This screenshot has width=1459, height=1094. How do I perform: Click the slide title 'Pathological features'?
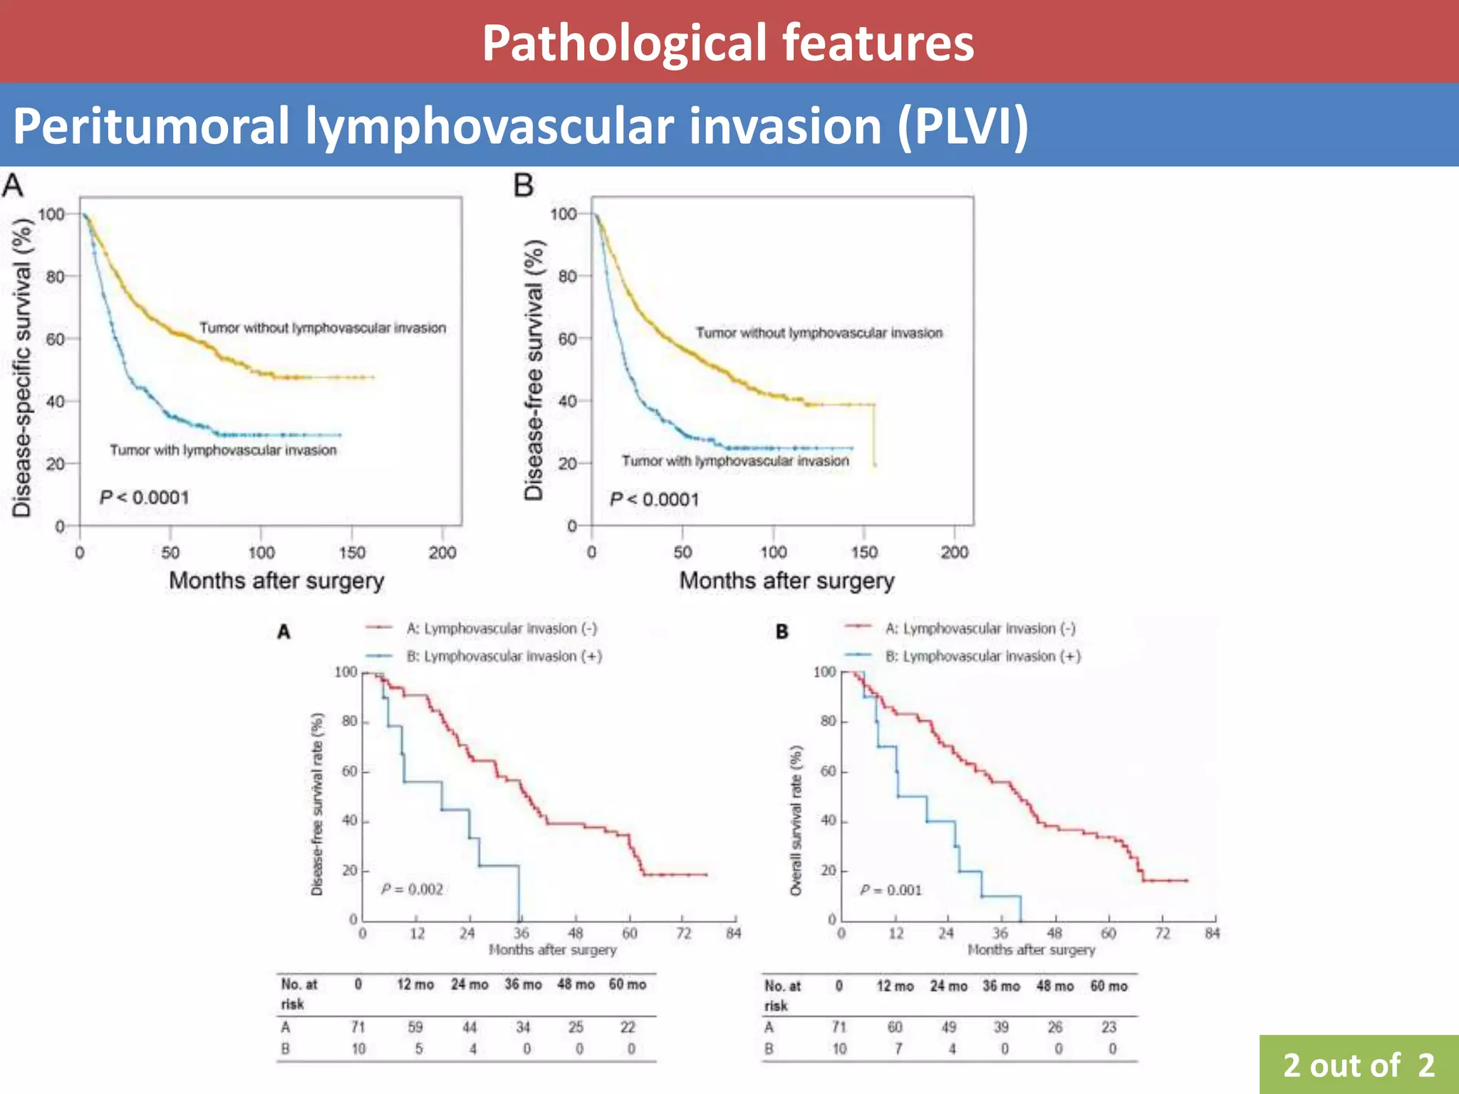tap(728, 43)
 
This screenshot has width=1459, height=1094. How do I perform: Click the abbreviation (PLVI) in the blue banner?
tap(962, 126)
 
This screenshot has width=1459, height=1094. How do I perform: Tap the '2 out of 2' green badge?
tap(1359, 1066)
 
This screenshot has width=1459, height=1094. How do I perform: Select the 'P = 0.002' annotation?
tap(412, 889)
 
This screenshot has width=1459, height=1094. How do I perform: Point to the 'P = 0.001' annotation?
tap(891, 890)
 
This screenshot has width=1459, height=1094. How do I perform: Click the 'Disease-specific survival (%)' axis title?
tap(22, 368)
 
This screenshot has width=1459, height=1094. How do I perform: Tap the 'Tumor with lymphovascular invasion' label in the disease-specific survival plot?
tap(223, 450)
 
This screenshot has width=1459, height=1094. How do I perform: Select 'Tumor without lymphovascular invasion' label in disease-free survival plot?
tap(819, 333)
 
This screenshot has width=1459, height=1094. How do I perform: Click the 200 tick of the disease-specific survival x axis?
tap(442, 552)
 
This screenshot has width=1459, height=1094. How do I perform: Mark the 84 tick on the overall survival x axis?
tap(1213, 933)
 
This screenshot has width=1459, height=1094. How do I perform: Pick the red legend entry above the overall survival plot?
tap(980, 628)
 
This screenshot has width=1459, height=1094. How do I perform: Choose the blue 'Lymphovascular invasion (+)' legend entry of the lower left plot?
tap(504, 656)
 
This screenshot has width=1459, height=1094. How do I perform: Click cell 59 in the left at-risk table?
tap(415, 1027)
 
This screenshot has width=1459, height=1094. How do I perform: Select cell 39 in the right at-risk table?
tap(1001, 1027)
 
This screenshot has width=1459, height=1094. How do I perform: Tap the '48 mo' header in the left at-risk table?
tap(576, 984)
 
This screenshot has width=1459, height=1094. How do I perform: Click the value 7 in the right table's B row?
tap(898, 1048)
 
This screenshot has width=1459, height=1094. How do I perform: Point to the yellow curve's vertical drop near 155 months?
tap(874, 434)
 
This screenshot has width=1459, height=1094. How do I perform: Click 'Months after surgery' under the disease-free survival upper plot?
tap(786, 581)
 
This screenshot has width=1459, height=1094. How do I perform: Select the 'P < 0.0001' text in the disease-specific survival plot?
tap(145, 497)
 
